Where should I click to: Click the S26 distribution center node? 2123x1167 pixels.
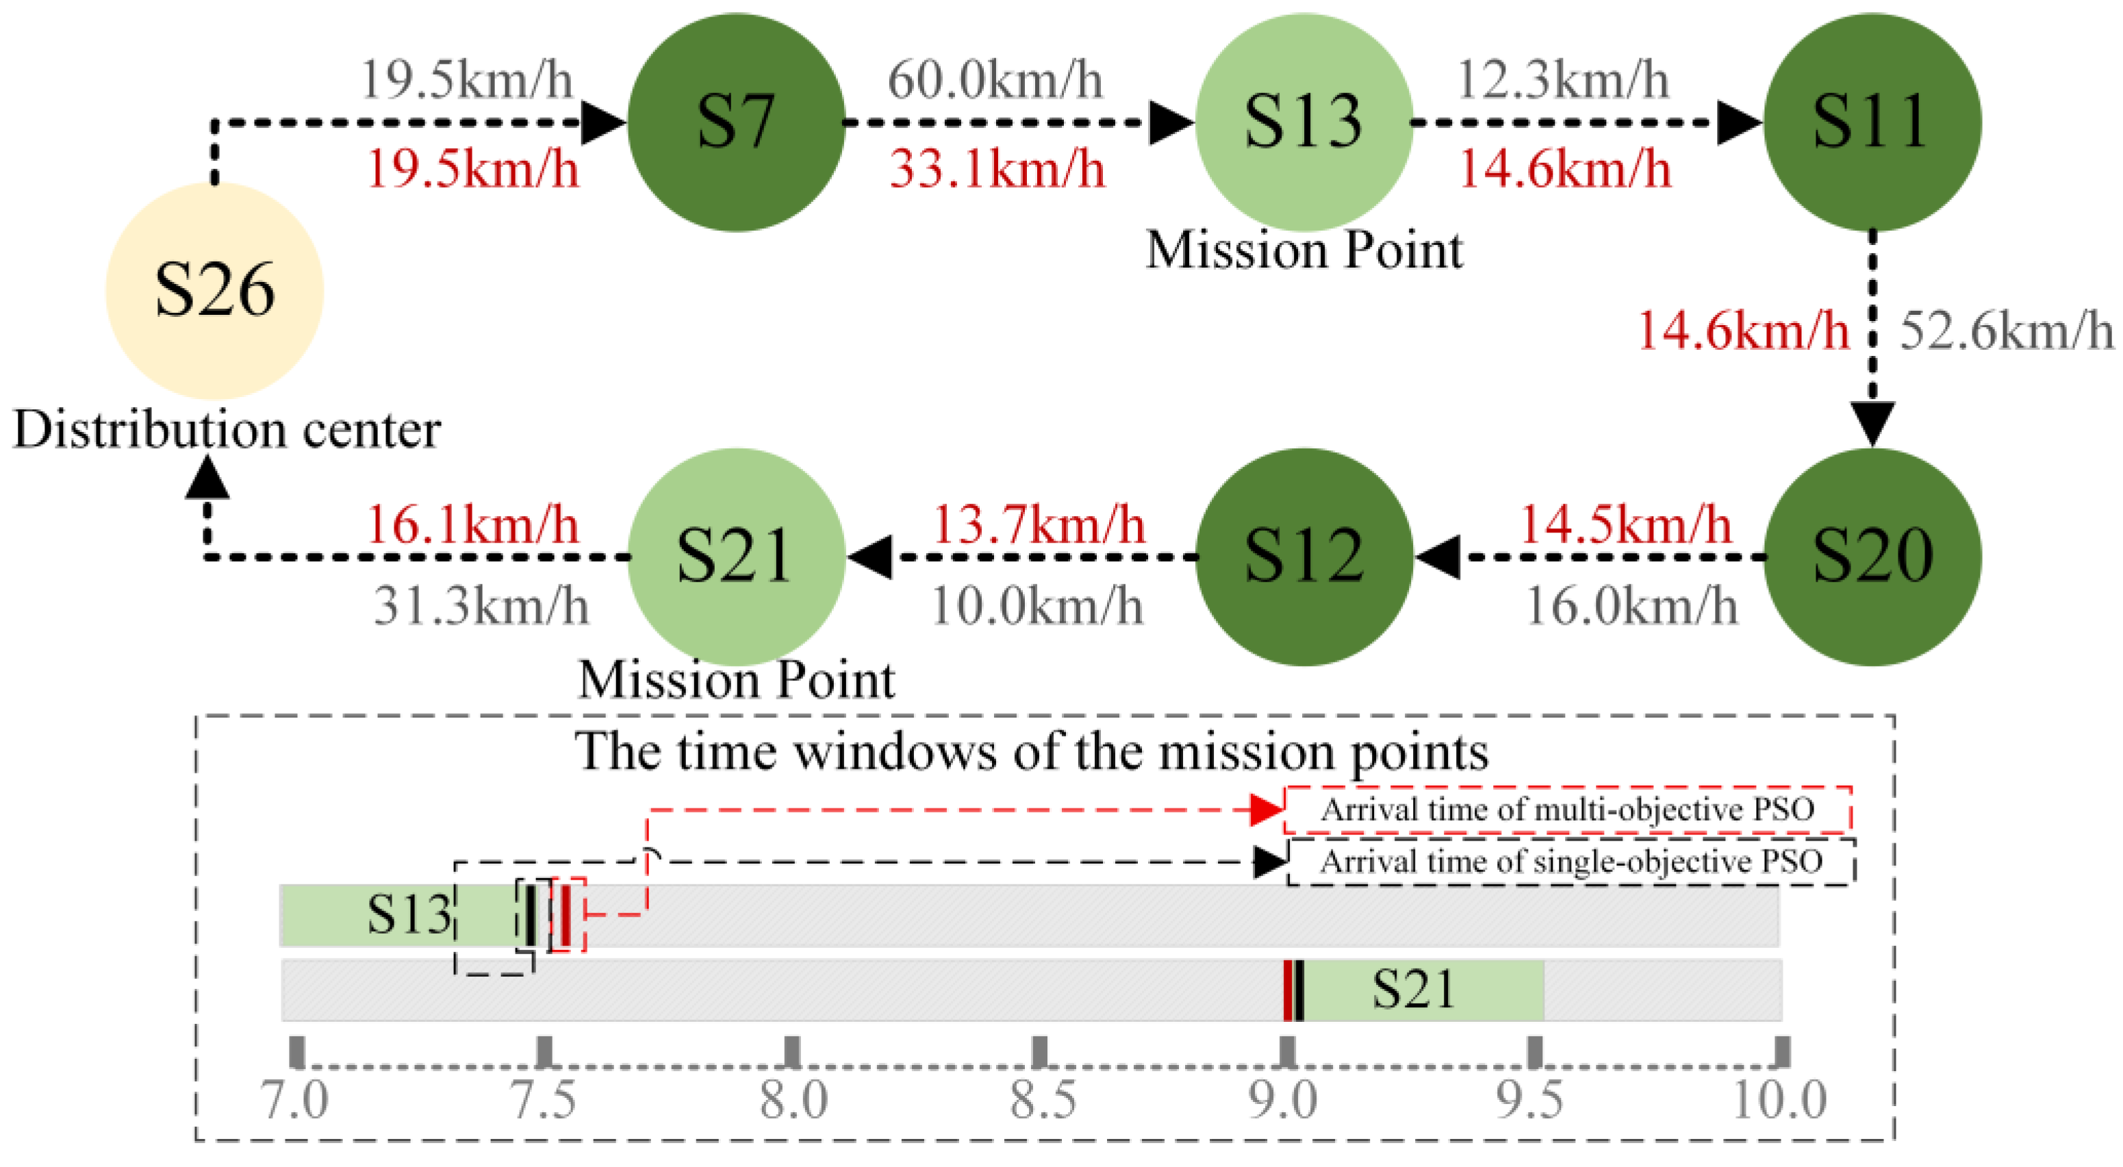click(x=214, y=290)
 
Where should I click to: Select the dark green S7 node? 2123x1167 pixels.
click(x=736, y=122)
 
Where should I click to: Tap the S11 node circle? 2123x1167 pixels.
click(x=1872, y=122)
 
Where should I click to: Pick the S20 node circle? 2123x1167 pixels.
click(x=1872, y=556)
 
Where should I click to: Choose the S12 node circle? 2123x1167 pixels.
click(x=1304, y=556)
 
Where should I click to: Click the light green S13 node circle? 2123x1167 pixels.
click(x=1304, y=122)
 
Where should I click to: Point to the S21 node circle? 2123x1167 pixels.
click(x=736, y=556)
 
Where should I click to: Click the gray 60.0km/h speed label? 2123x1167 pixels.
click(x=995, y=80)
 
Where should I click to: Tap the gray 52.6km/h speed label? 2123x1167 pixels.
click(x=2006, y=331)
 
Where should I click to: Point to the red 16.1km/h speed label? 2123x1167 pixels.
click(x=472, y=524)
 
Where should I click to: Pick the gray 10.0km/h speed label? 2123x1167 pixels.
click(x=1037, y=606)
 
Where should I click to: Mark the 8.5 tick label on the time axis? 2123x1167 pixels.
click(x=1043, y=1099)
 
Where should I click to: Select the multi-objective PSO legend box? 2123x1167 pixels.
click(x=1568, y=809)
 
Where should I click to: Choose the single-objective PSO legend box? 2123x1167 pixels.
click(x=1571, y=862)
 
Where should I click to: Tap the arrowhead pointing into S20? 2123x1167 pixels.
click(x=1872, y=424)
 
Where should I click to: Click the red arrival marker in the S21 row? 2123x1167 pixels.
click(x=1287, y=990)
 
